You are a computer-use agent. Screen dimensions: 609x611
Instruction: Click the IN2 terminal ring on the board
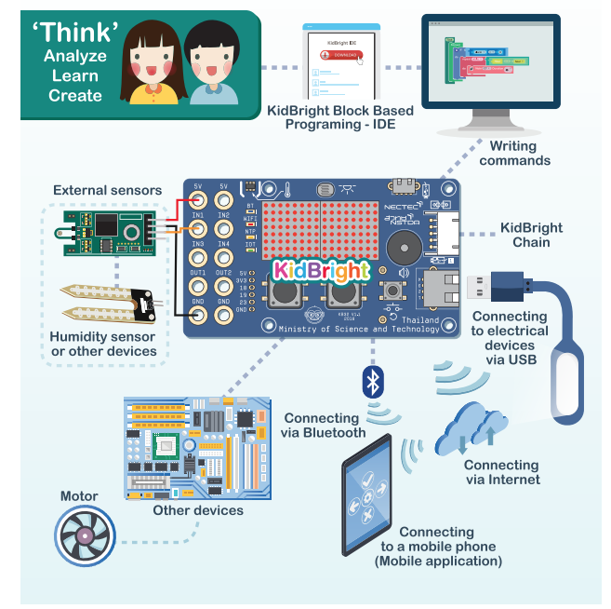coord(223,227)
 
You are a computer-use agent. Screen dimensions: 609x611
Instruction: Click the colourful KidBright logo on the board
coord(321,270)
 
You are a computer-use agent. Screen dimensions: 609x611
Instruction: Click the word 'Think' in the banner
coord(75,33)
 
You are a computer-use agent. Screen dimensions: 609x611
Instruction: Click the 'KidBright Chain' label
coord(538,235)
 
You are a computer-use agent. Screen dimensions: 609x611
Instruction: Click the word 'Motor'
coord(79,495)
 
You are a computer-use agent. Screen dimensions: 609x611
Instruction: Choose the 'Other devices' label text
coord(200,510)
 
